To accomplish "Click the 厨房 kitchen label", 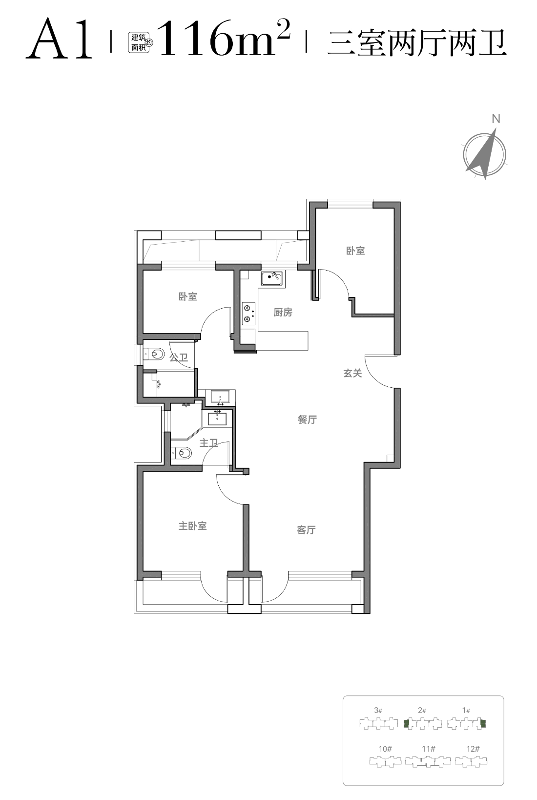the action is [x=283, y=313].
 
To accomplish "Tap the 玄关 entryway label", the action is [x=353, y=373].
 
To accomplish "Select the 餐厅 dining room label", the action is [x=307, y=419].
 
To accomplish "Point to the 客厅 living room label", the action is [x=306, y=530].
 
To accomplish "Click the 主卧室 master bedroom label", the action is [x=192, y=526].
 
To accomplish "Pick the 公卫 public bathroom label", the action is [x=179, y=357].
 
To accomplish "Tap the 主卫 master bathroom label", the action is [x=208, y=443].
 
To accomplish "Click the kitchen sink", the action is [x=272, y=278].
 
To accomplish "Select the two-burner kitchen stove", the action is [x=249, y=314].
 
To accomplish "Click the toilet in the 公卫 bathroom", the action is [x=154, y=354].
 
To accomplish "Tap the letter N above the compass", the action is [x=496, y=119].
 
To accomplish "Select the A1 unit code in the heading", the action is [x=59, y=39].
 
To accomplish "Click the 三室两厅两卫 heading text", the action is [x=417, y=42].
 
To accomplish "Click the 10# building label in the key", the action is [x=385, y=749].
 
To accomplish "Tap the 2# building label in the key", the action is [x=422, y=710].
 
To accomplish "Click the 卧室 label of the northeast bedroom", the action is [x=355, y=251].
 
